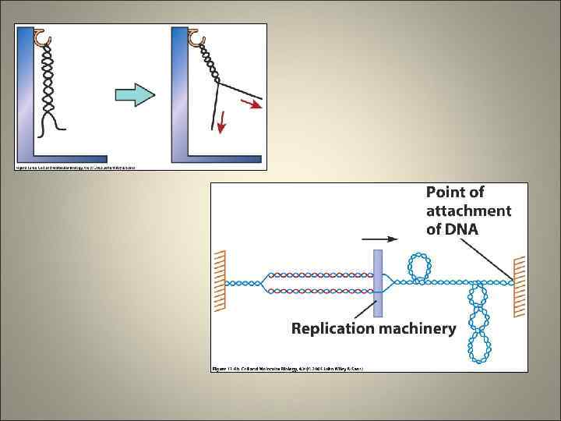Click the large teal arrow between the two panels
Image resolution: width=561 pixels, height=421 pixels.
135,95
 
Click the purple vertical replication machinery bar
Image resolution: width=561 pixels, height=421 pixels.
379,282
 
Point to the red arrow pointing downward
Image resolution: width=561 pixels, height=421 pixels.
221,122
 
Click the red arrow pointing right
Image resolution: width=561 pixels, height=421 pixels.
251,104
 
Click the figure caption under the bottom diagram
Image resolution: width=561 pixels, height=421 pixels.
288,367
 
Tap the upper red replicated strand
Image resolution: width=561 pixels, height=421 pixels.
319,274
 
